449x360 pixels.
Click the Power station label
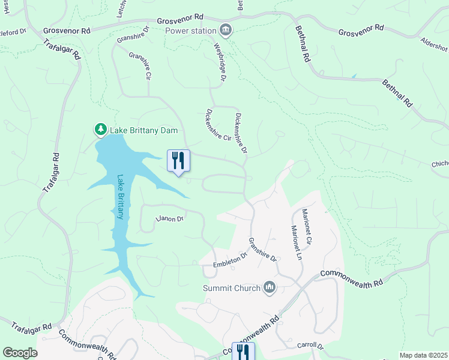pyautogui.click(x=190, y=31)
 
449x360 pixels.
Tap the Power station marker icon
pyautogui.click(x=226, y=29)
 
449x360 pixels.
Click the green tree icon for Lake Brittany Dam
pyautogui.click(x=100, y=129)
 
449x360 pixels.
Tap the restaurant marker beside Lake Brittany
pyautogui.click(x=178, y=161)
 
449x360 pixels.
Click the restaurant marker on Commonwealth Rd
pyautogui.click(x=243, y=352)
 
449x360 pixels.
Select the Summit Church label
pyautogui.click(x=232, y=288)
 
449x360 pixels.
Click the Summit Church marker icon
pyautogui.click(x=270, y=288)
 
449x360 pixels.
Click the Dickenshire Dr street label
pyautogui.click(x=241, y=133)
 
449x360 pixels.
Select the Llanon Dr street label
pyautogui.click(x=169, y=219)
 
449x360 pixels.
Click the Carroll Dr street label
pyautogui.click(x=310, y=346)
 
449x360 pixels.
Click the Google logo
pyautogui.click(x=20, y=353)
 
